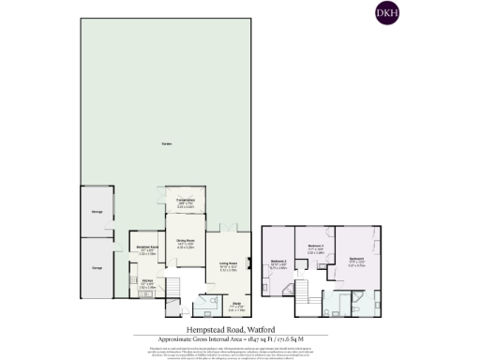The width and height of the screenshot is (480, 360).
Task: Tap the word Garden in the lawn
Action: (167, 142)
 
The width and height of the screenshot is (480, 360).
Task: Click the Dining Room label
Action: (186, 243)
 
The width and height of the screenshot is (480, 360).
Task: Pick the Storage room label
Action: (96, 212)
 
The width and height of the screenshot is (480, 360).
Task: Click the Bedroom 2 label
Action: (278, 263)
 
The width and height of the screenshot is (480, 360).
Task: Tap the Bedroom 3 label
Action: (316, 248)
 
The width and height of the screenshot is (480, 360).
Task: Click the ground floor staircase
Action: (172, 285)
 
